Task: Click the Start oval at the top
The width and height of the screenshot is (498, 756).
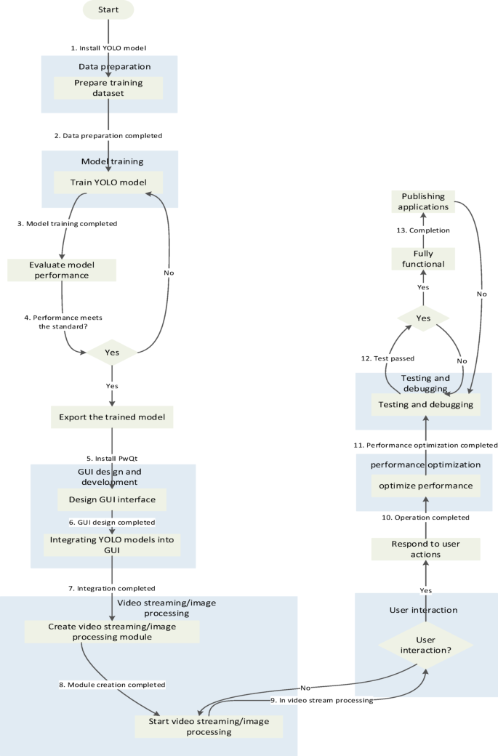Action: [108, 9]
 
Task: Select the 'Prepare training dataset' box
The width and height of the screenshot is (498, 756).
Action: [108, 88]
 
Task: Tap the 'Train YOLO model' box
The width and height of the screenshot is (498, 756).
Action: [108, 182]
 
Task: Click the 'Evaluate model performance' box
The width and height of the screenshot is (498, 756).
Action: [62, 270]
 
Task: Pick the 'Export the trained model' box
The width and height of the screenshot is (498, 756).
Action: [112, 417]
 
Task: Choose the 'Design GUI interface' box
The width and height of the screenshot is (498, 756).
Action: [112, 500]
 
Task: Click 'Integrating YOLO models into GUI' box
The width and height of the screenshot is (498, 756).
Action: [112, 545]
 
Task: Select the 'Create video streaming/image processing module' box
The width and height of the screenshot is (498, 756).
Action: [112, 631]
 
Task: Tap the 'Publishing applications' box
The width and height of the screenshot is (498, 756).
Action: [423, 201]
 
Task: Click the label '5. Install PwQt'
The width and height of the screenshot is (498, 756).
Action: [113, 458]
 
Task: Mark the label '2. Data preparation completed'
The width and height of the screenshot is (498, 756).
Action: [108, 135]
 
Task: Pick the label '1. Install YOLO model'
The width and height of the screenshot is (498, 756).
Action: [108, 47]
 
